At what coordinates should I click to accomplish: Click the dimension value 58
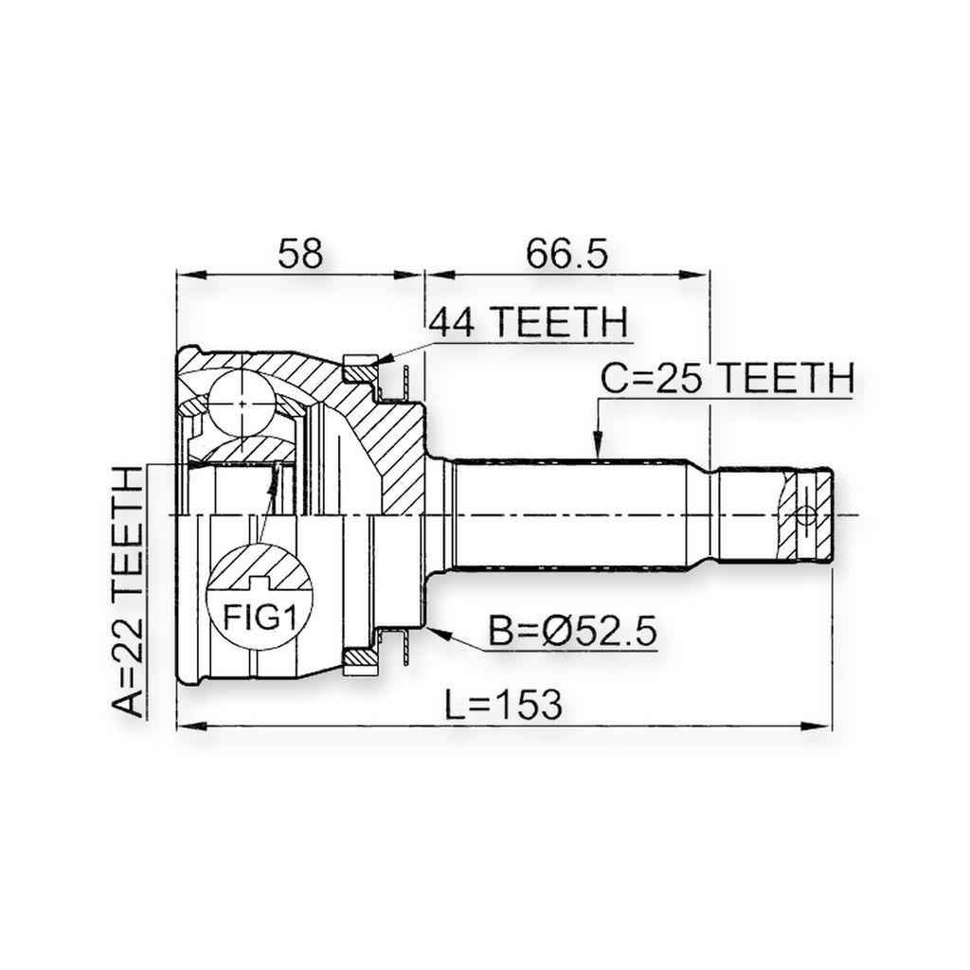click(300, 254)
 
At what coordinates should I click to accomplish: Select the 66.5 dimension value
click(567, 254)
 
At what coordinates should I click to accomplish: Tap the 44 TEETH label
click(529, 322)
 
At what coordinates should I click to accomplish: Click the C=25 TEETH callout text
click(727, 378)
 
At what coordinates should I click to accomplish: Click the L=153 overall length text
click(504, 705)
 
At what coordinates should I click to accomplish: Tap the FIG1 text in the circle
click(260, 618)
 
